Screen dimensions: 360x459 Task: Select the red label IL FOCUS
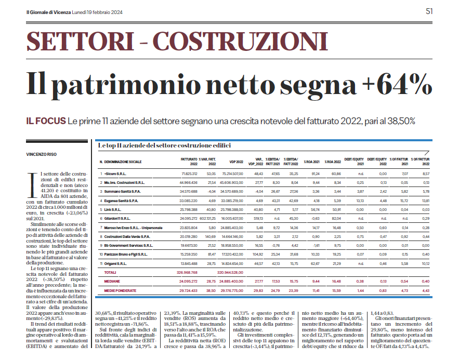click(x=45, y=121)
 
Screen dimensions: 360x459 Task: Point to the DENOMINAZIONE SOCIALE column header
click(x=122, y=162)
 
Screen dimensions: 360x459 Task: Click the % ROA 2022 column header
click(x=332, y=162)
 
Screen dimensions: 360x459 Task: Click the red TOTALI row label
click(x=110, y=272)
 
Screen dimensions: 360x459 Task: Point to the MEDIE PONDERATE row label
click(x=121, y=290)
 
